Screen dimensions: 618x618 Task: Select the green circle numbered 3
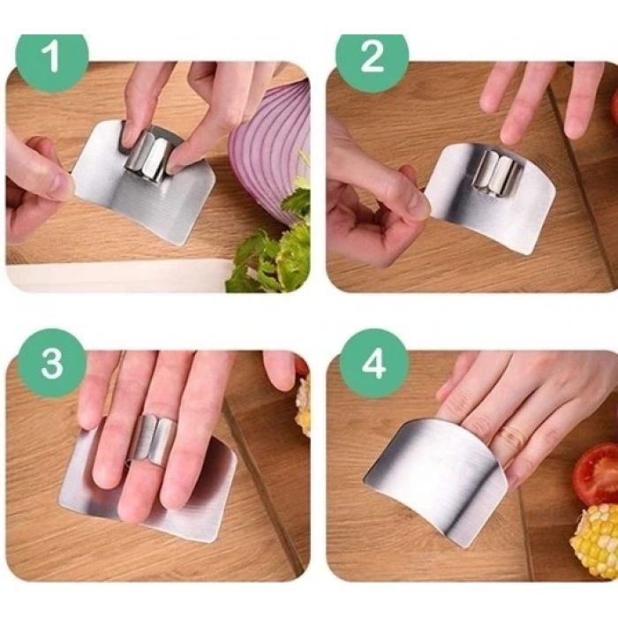(52, 364)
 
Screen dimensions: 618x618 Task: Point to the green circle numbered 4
(373, 364)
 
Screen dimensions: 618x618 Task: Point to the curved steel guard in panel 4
(438, 479)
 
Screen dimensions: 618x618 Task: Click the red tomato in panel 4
(596, 474)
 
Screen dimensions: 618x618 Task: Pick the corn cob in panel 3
(305, 406)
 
